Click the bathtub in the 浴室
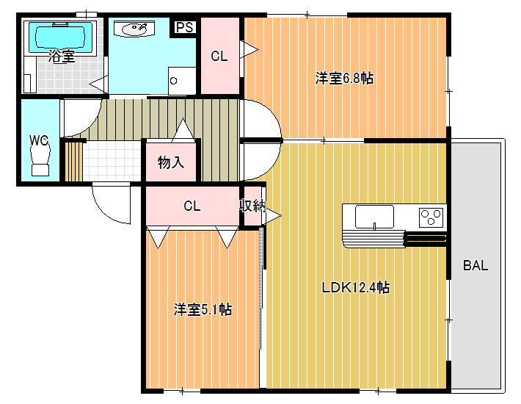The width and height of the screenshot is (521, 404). tap(60, 37)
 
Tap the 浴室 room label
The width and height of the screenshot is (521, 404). tap(61, 57)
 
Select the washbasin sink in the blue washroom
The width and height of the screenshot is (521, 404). tap(134, 29)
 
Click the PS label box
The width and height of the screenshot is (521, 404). tap(184, 27)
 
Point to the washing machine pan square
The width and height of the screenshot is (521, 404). tap(182, 81)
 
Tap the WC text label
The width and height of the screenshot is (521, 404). tap(39, 140)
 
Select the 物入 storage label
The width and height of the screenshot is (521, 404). tap(171, 162)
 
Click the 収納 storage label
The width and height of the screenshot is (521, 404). tap(252, 206)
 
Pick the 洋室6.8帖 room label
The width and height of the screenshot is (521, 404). tap(344, 79)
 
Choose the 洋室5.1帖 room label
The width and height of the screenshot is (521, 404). tap(203, 309)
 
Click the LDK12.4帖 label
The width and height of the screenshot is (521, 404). tap(356, 287)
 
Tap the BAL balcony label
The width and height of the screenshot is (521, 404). tap(476, 265)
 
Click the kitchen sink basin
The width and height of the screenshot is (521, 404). tap(374, 217)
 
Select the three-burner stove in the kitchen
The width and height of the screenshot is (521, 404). tap(431, 217)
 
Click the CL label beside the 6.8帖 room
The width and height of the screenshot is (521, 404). tap(219, 57)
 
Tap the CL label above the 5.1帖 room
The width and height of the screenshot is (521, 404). tap(192, 206)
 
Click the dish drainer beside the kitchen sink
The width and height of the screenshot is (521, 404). tap(374, 239)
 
